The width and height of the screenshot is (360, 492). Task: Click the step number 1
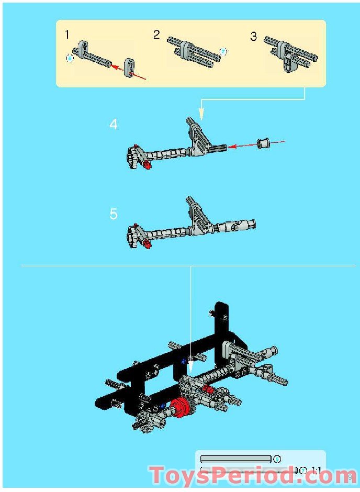[67, 35]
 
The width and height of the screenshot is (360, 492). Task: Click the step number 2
[156, 35]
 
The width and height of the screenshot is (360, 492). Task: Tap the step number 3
[254, 37]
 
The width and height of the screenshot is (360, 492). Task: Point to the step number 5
[114, 214]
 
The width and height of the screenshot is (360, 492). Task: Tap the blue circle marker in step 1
[70, 59]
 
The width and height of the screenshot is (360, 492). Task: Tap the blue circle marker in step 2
[223, 51]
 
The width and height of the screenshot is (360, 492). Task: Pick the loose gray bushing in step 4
[264, 142]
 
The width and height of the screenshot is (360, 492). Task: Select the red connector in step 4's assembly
[147, 165]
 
